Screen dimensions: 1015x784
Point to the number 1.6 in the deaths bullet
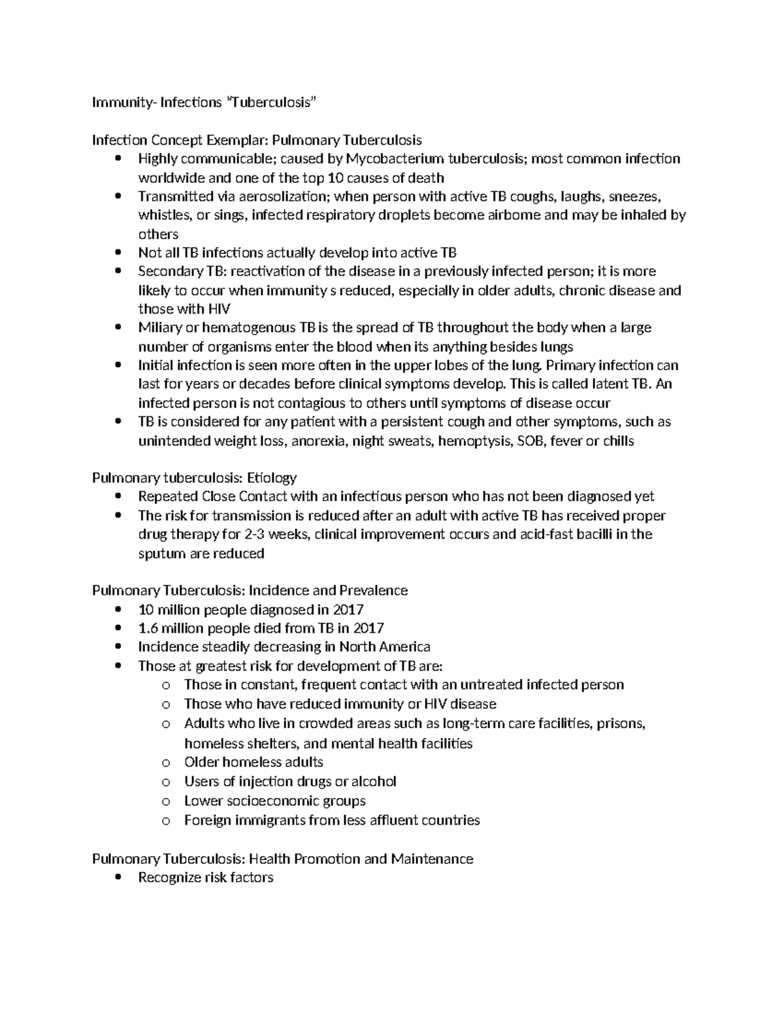point(148,628)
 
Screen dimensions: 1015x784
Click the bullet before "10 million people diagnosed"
point(118,610)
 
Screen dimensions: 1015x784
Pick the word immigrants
point(270,820)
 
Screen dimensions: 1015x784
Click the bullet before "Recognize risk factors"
point(118,878)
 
